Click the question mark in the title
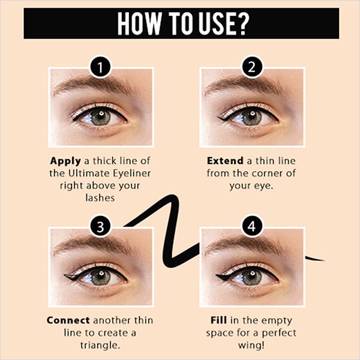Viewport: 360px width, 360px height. point(241,23)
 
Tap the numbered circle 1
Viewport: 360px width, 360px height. point(100,67)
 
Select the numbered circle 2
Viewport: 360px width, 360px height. point(251,67)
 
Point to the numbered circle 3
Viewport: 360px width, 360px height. point(100,226)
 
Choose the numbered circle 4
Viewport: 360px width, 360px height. point(251,226)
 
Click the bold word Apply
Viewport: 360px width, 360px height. point(65,161)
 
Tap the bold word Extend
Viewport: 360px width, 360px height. point(225,161)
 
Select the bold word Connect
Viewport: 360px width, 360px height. point(68,320)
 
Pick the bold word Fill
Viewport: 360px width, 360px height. point(219,320)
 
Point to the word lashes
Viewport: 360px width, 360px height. point(100,197)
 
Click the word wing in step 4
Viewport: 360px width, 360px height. point(249,346)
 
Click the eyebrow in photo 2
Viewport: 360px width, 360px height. point(244,85)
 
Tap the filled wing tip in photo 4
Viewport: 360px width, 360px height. point(222,277)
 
